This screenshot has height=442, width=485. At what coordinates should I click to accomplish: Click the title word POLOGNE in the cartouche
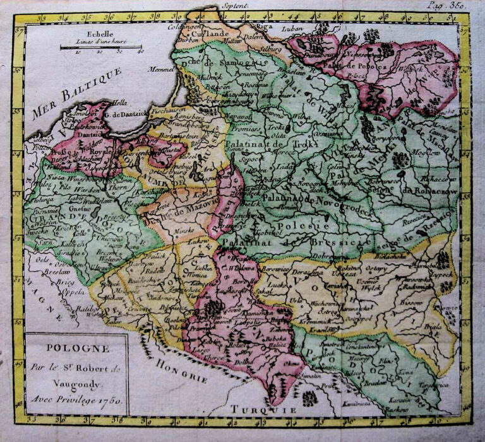(x=76, y=348)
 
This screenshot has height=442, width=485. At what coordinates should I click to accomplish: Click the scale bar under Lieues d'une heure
(x=100, y=47)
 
